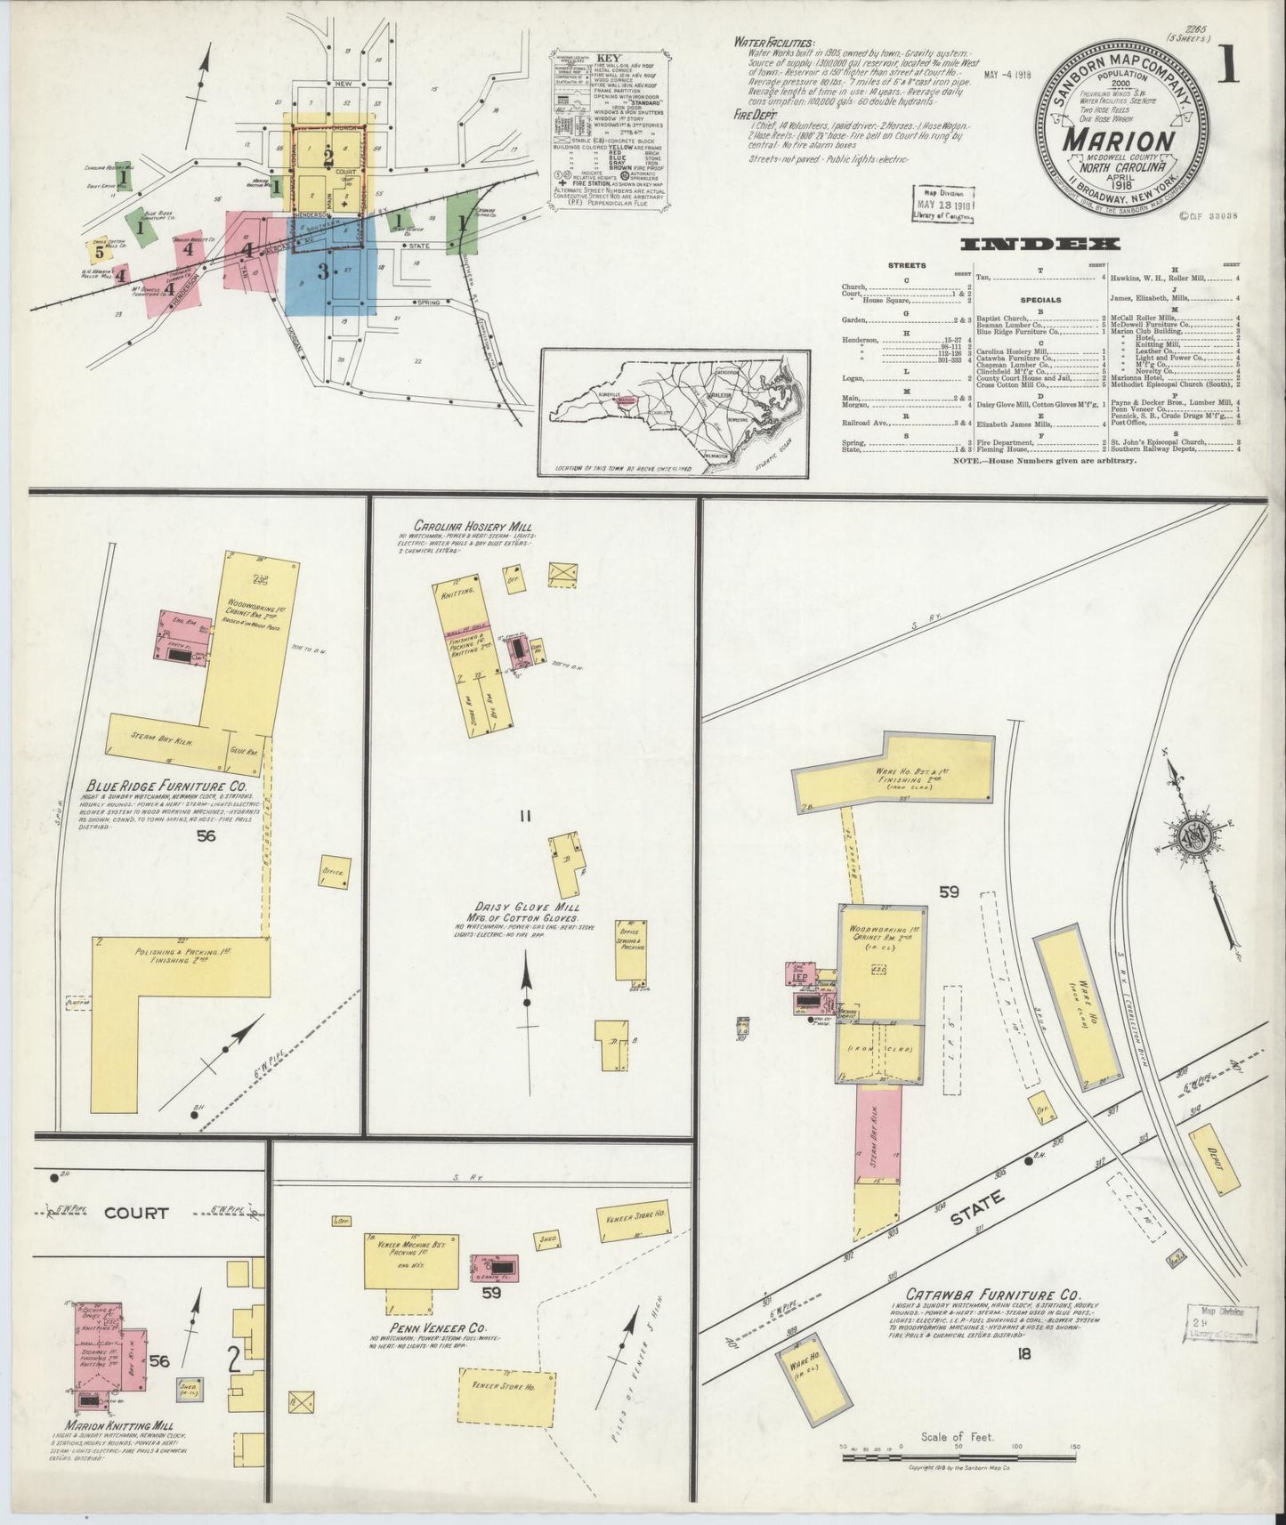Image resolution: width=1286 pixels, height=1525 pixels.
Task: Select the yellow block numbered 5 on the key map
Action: [99, 250]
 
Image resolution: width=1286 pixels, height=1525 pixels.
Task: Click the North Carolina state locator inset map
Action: [675, 411]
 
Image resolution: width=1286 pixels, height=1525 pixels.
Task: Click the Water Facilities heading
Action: [773, 42]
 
